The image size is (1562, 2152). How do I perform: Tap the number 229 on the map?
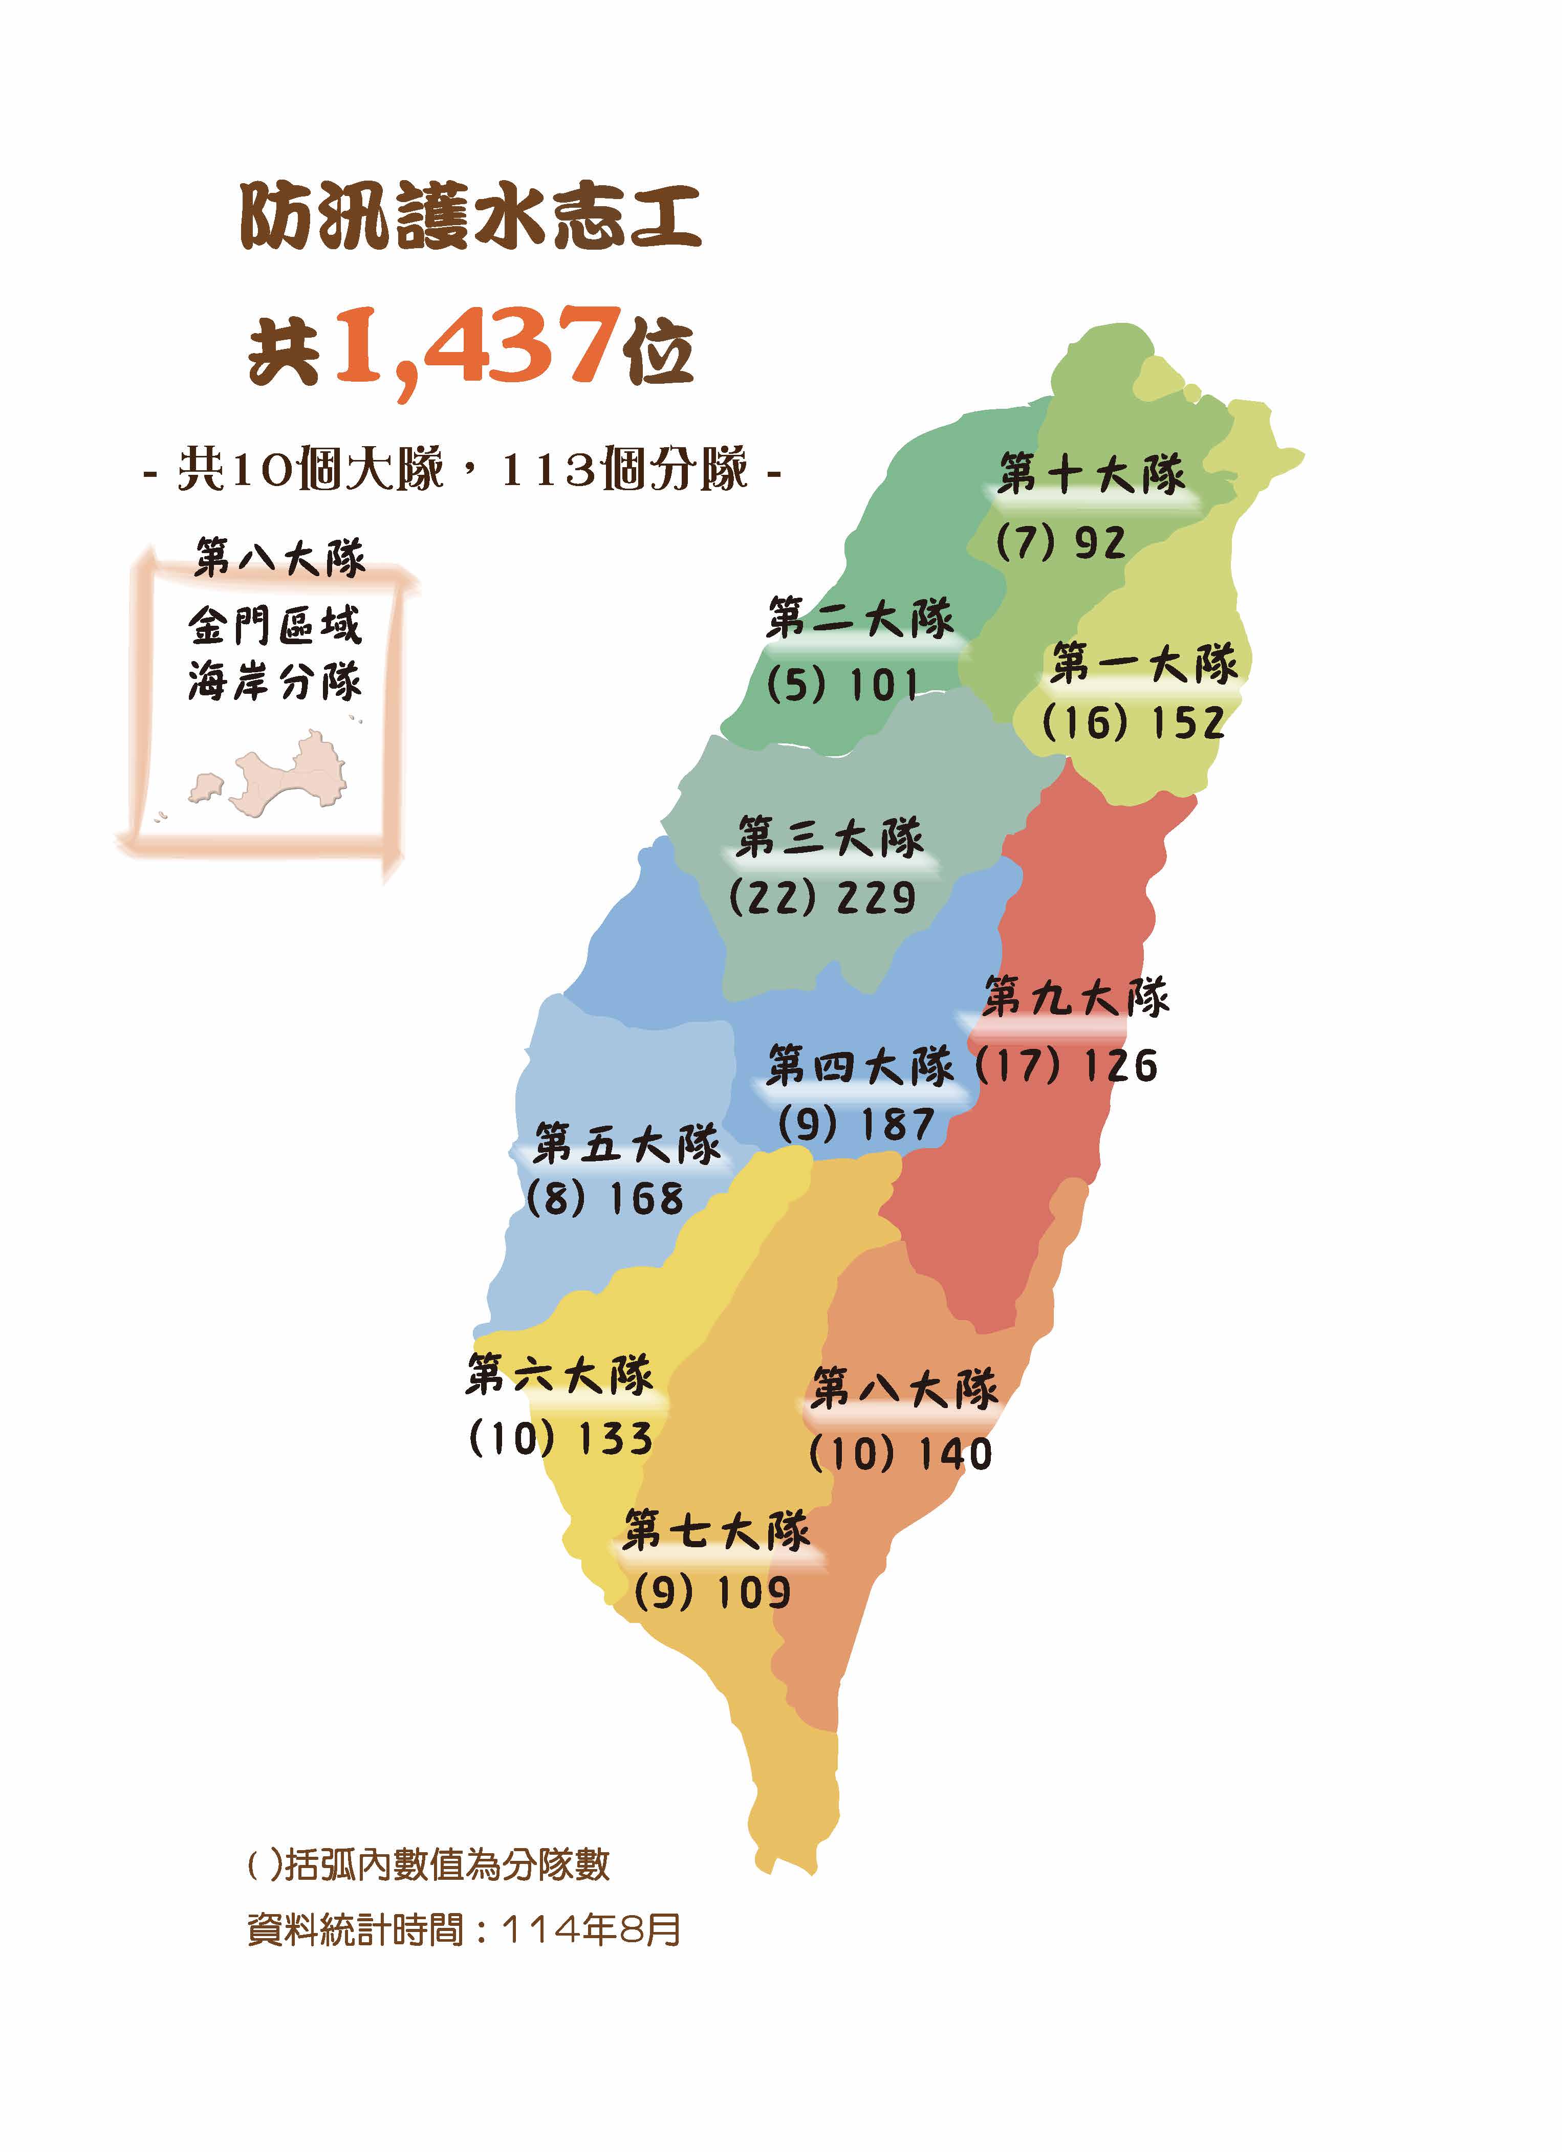(875, 897)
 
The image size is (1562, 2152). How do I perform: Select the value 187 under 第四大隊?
(897, 1125)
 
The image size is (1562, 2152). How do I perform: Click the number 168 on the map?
(645, 1199)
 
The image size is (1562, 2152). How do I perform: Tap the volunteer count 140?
(953, 1455)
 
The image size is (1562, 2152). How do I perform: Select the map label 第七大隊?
(717, 1530)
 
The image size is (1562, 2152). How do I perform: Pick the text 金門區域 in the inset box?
(275, 625)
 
